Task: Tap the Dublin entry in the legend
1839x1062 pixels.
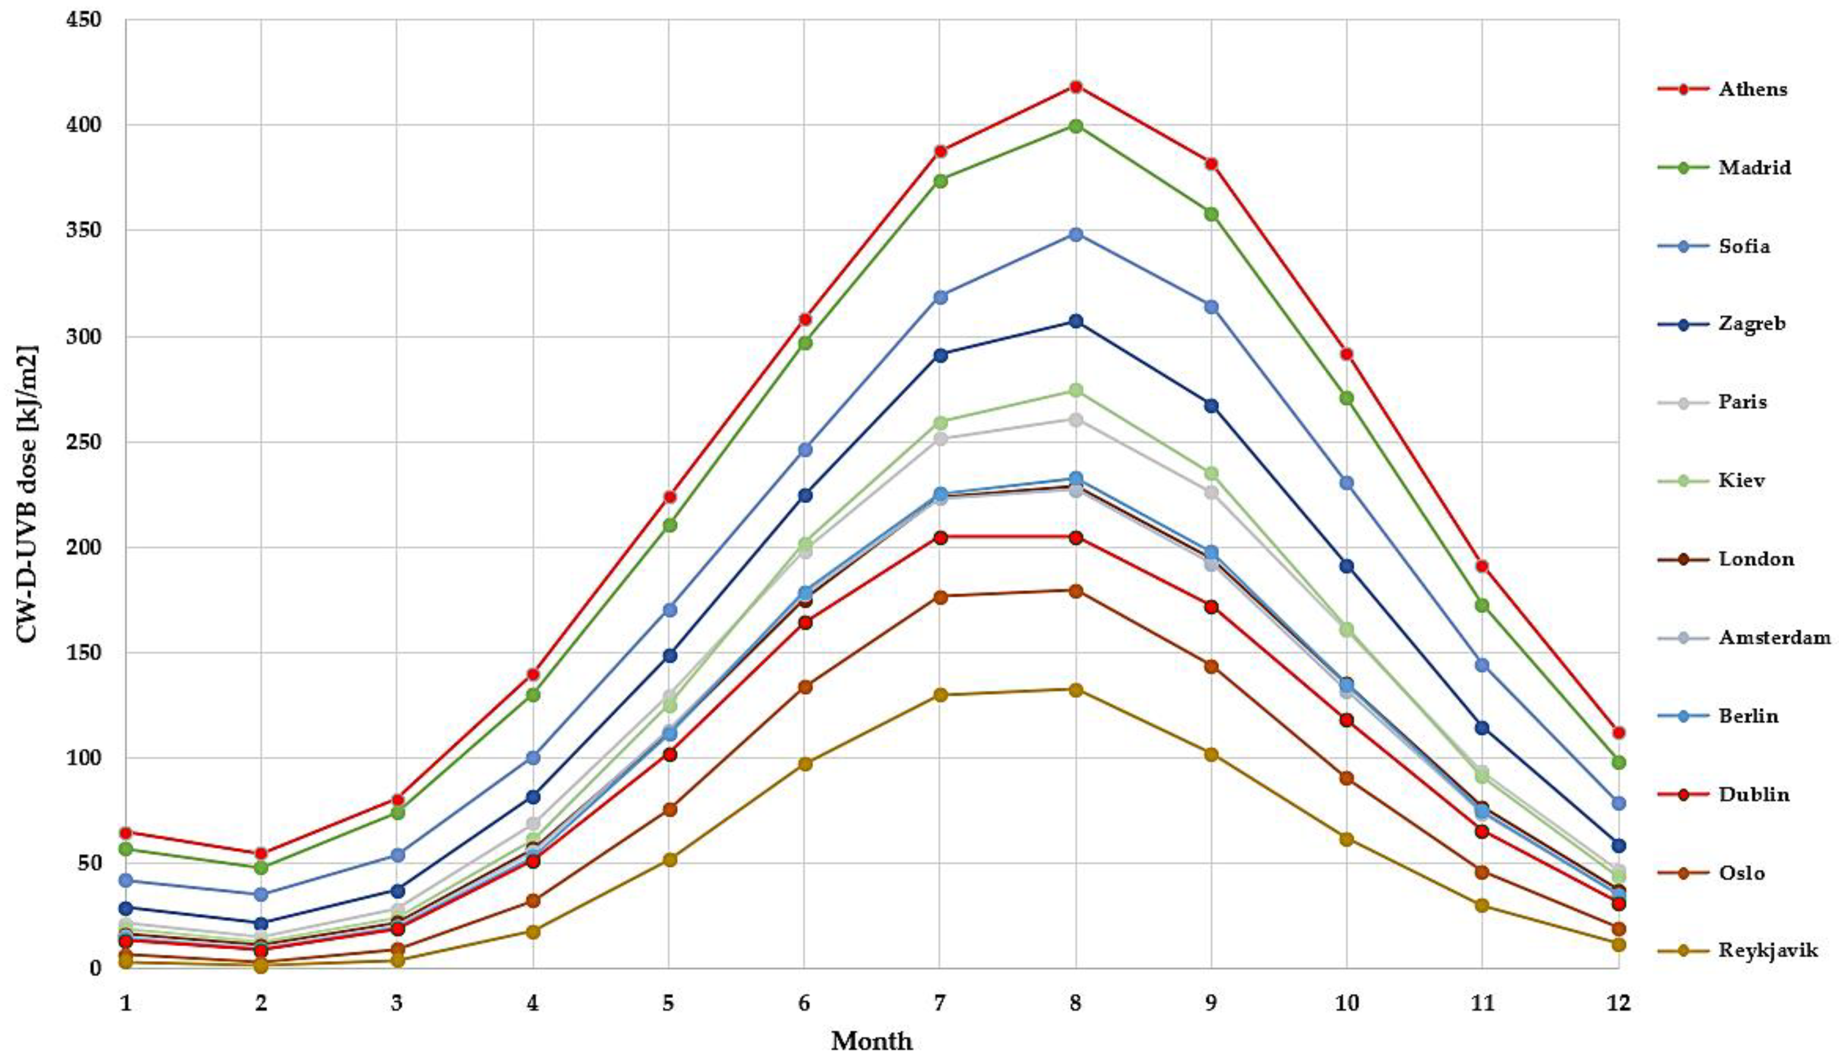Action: [x=1754, y=794]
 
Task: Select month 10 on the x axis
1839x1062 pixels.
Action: [x=1346, y=1004]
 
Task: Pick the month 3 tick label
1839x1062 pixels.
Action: [x=397, y=1004]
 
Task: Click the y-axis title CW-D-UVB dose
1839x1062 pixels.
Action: [x=26, y=494]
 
